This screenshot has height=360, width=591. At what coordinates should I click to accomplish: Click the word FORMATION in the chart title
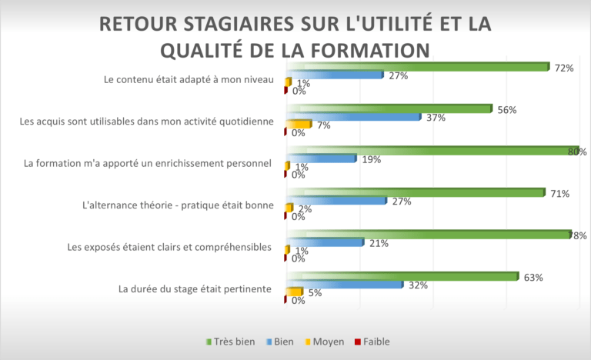pos(366,49)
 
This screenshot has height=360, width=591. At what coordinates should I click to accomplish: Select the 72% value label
pos(564,68)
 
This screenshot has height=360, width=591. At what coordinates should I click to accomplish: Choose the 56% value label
pos(506,110)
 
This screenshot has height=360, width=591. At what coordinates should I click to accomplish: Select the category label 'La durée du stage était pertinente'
pos(194,289)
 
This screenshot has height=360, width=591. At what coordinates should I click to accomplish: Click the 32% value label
pos(418,285)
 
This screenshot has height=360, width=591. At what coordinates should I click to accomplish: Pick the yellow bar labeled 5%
pos(295,292)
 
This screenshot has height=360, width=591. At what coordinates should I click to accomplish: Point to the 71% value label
pos(559,194)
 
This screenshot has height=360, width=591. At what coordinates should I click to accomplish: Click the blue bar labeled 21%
pos(324,242)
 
